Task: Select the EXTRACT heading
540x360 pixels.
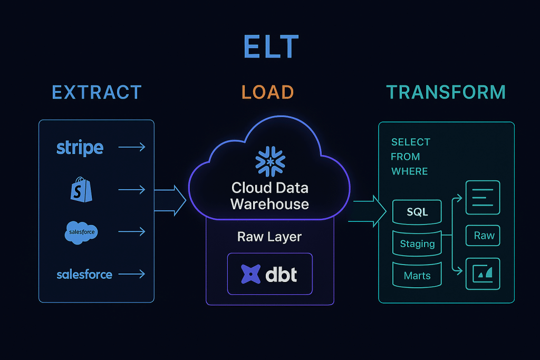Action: coord(97,92)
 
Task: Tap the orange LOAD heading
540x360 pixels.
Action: coord(267,92)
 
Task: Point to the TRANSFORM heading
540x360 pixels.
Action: coord(446,92)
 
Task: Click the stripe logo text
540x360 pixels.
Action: coord(80,148)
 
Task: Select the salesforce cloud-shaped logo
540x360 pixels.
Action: coord(82,232)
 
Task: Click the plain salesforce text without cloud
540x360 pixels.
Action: coord(84,274)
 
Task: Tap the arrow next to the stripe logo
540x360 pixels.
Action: coord(132,148)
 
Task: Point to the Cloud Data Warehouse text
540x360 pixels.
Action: coord(269,196)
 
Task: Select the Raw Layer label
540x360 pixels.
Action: coord(269,237)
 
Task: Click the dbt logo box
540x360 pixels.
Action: coord(269,274)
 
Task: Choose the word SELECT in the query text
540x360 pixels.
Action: coord(410,142)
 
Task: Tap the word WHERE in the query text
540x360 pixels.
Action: coord(409,171)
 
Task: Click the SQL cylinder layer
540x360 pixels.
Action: coord(417,212)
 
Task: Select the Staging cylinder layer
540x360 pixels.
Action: coord(417,244)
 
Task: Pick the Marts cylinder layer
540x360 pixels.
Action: coord(417,275)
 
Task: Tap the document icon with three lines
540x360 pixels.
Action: coord(483,198)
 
